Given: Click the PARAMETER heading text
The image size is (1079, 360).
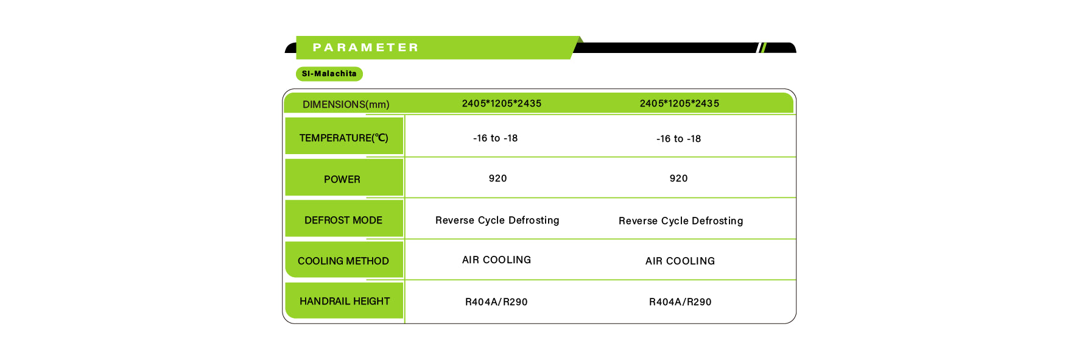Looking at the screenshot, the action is click(x=365, y=48).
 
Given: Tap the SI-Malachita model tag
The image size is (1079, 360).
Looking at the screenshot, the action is click(x=329, y=74).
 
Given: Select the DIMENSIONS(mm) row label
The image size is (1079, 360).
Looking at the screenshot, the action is click(x=346, y=104).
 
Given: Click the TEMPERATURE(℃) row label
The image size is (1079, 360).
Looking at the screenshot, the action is click(x=343, y=138).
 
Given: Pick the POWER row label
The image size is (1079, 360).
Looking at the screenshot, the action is click(x=342, y=179).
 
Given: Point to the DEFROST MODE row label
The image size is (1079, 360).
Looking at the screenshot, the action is click(x=343, y=220).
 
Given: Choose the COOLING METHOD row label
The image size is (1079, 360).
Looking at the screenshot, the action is click(x=343, y=261).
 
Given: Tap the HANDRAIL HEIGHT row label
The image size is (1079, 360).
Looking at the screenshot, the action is click(x=345, y=301).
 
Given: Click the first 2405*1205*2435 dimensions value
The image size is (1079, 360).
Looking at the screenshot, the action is click(x=502, y=104).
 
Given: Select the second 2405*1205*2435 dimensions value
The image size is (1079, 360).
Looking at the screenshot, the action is click(x=680, y=104).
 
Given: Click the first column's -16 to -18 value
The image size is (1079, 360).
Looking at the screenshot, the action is click(x=496, y=138).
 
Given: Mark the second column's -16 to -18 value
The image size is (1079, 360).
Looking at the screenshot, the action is click(x=679, y=139).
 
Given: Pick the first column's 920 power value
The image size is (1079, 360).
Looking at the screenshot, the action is click(x=498, y=178).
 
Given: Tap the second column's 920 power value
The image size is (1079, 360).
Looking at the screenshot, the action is click(x=679, y=178).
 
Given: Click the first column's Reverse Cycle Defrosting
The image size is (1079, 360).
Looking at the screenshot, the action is click(x=497, y=220).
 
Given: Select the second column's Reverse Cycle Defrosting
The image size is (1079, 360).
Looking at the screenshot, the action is click(x=681, y=221).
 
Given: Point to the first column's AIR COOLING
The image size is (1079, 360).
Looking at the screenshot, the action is click(x=497, y=259).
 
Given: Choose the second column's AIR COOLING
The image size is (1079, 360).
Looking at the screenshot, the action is click(x=680, y=261).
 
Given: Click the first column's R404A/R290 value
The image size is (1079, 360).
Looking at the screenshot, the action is click(x=496, y=302).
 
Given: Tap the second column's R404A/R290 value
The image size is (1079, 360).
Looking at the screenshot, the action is click(x=680, y=302).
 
